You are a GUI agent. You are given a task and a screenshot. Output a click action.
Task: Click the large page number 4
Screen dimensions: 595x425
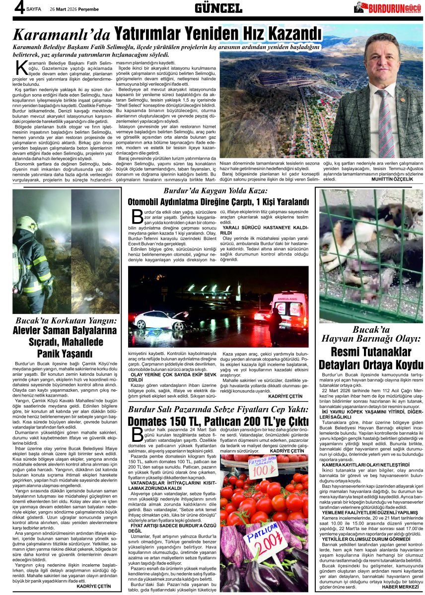19,8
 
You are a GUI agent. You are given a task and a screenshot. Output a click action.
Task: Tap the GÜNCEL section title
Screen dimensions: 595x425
218,8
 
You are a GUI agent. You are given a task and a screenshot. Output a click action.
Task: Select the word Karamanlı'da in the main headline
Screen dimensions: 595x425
62,35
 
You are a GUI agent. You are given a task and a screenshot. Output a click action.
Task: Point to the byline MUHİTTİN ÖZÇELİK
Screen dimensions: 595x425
392,179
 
